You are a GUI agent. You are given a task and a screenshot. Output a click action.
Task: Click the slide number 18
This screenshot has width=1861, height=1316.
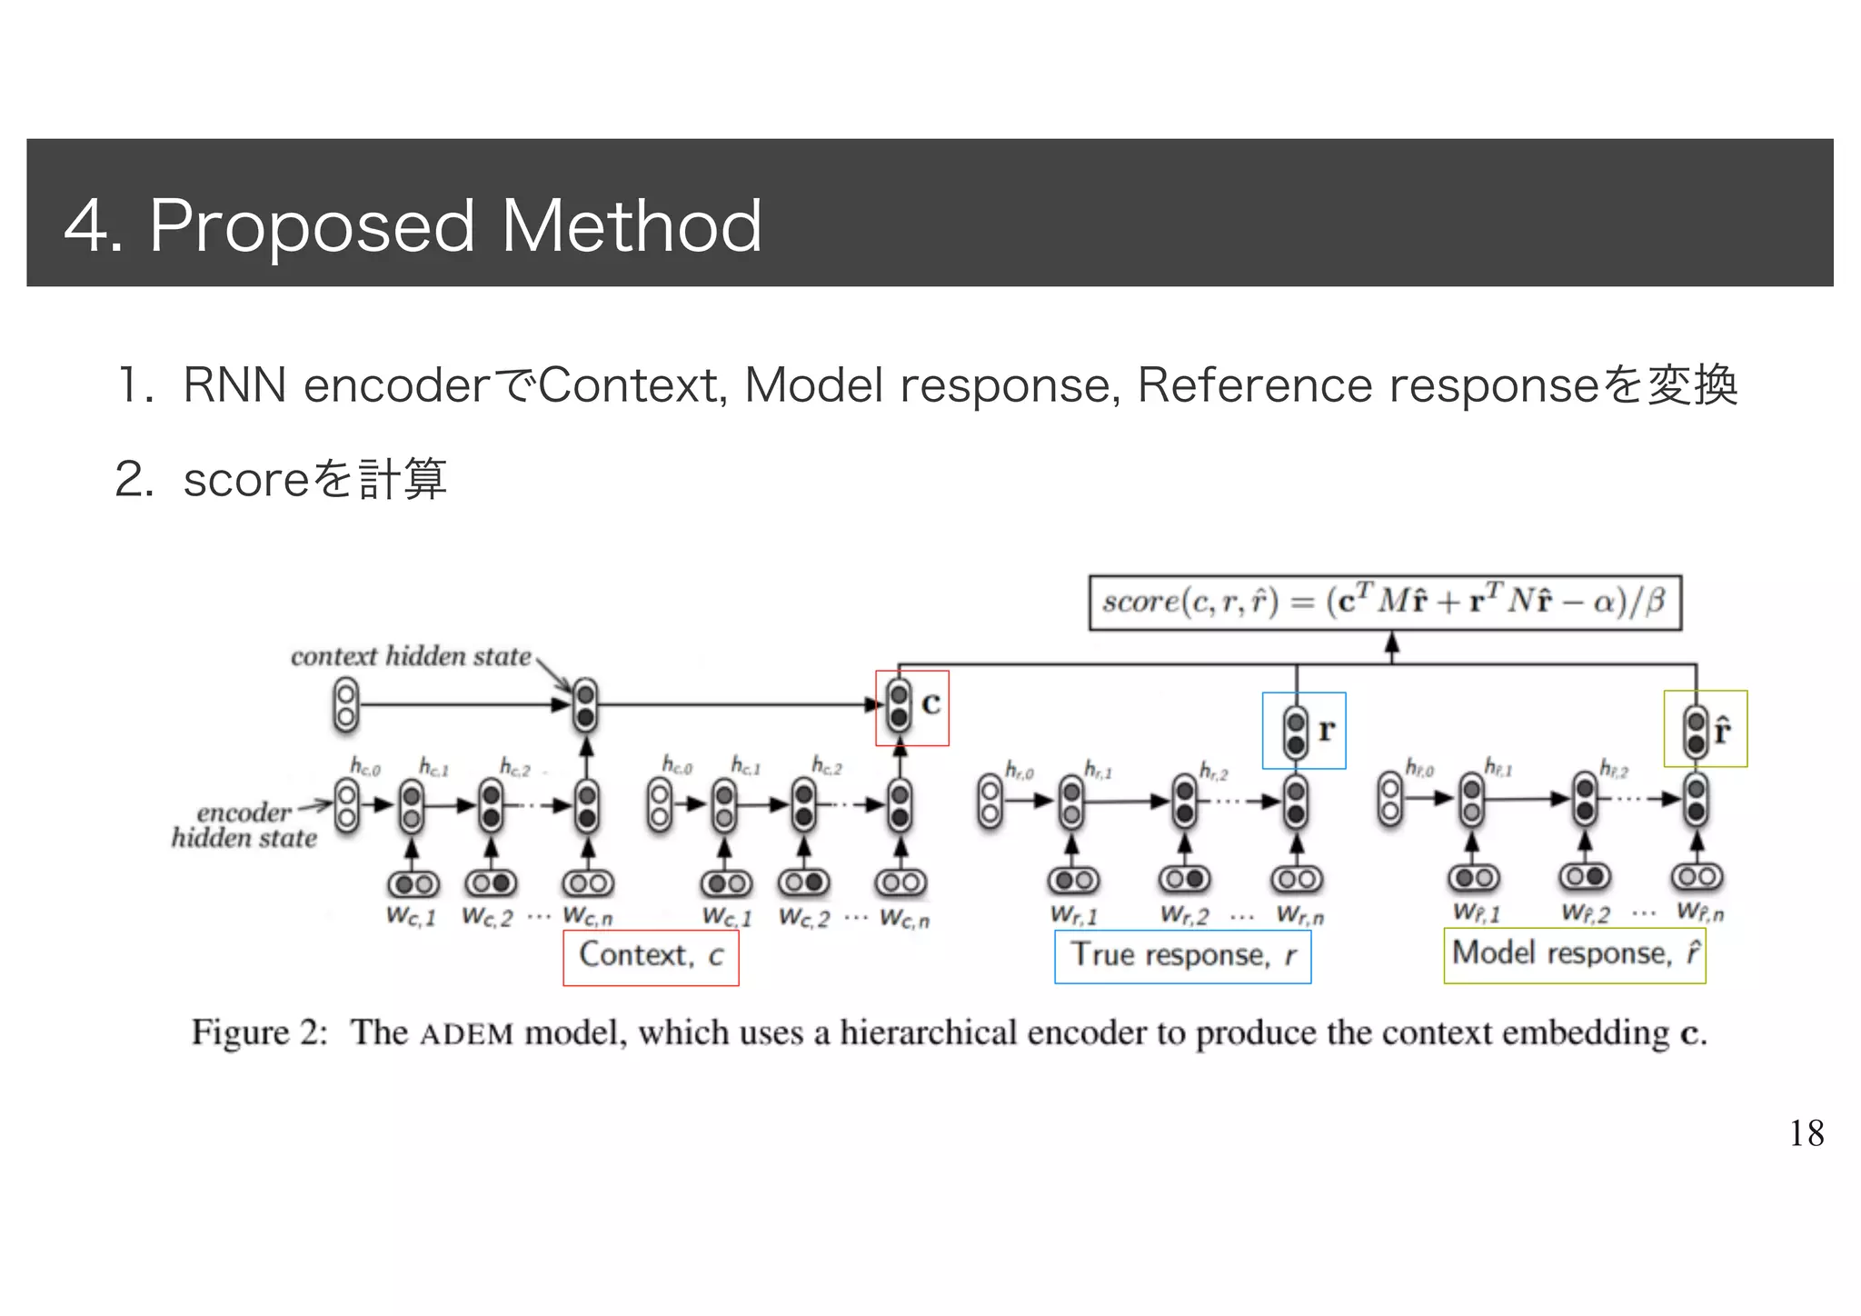click(1806, 1133)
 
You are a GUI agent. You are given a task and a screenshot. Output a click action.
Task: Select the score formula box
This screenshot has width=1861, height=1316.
click(1384, 603)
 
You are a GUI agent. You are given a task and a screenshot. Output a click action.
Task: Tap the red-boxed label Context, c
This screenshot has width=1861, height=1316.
click(651, 956)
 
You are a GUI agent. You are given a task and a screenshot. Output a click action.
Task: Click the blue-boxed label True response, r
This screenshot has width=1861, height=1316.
click(1182, 956)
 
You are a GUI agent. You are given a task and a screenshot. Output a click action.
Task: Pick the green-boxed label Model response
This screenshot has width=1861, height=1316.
click(1574, 954)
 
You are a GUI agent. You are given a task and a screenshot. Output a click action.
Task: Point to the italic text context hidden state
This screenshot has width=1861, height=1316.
click(411, 656)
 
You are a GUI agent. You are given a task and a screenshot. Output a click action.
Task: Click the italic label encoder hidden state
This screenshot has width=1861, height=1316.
click(244, 825)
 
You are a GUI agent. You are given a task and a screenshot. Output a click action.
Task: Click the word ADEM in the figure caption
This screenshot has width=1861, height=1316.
click(467, 1034)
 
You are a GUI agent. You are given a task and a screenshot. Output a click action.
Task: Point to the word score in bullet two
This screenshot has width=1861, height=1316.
click(246, 480)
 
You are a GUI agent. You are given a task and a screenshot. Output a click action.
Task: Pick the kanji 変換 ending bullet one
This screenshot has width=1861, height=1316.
click(1692, 385)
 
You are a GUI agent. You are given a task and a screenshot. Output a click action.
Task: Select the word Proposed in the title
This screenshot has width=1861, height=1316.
click(312, 227)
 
